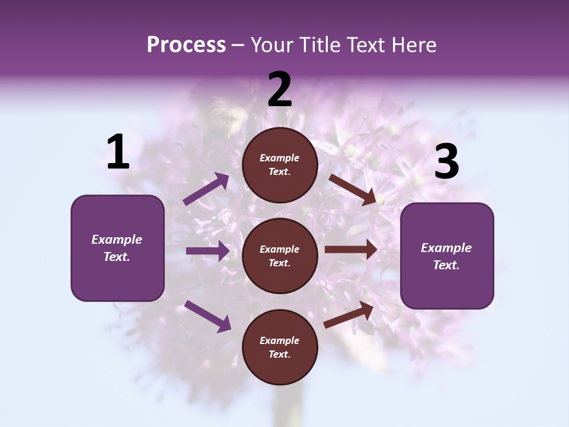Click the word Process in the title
tap(186, 45)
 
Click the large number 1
tap(118, 152)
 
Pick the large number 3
tap(446, 162)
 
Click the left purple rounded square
tap(117, 248)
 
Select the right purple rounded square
tap(447, 256)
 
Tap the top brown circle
tap(280, 165)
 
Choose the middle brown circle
tap(280, 256)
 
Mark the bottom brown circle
tap(280, 348)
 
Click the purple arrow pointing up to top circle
tap(206, 189)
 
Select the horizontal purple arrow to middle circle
tap(207, 251)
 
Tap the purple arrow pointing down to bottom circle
tap(207, 316)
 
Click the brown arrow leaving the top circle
tap(352, 189)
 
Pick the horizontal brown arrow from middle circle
tap(351, 250)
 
